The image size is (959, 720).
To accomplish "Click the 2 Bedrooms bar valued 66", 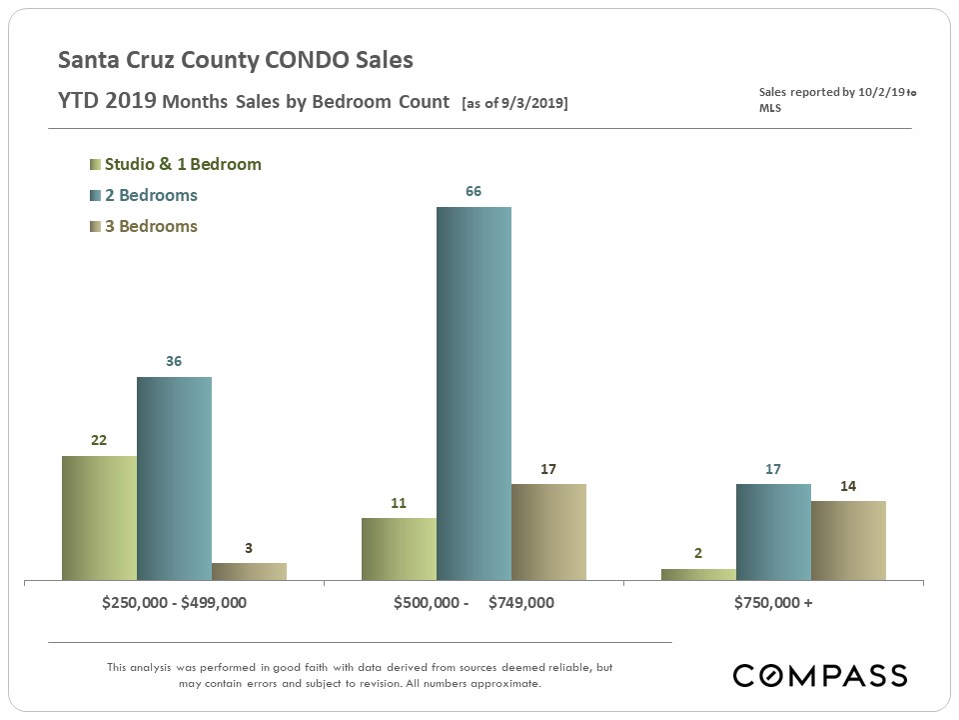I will (474, 393).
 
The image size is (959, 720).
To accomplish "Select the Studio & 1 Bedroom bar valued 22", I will (99, 518).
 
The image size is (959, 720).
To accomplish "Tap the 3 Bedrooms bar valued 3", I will (249, 571).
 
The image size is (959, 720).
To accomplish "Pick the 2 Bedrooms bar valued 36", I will (174, 478).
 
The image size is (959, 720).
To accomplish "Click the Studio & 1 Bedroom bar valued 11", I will (399, 549).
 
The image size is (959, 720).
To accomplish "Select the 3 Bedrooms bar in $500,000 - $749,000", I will (548, 532).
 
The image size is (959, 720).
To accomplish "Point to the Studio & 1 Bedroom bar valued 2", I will (698, 574).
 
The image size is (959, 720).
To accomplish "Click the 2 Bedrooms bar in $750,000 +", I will (773, 532).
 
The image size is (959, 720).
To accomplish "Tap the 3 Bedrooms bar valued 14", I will (848, 540).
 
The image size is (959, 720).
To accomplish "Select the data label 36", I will (174, 361).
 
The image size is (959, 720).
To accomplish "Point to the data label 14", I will (848, 485).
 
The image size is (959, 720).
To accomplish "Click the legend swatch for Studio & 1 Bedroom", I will (95, 165).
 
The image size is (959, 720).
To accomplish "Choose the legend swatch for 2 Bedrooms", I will (95, 196).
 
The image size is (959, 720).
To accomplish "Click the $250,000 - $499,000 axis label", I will (174, 604).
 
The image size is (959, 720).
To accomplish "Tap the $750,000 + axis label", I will (773, 604).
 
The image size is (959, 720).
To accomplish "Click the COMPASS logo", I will (820, 675).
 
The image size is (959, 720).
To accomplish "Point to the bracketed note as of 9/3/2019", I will (514, 103).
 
